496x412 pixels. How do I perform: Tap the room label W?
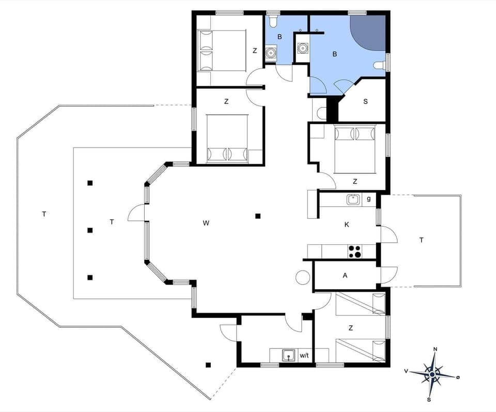click(x=206, y=223)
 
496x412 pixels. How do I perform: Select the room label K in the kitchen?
click(x=347, y=224)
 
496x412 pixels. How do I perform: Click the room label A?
click(x=345, y=276)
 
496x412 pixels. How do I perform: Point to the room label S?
click(x=365, y=101)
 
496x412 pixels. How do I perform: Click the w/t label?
click(x=304, y=355)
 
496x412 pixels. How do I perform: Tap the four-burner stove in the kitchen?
click(x=354, y=251)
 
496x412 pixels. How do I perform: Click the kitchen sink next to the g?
click(x=353, y=199)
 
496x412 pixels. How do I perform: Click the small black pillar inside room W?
click(x=258, y=216)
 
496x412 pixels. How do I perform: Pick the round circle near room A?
click(x=302, y=278)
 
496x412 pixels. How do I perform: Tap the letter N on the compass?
click(x=435, y=350)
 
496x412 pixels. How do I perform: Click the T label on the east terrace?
click(x=422, y=240)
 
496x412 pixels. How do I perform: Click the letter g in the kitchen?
click(x=368, y=198)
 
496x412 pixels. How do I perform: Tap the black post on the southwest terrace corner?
click(x=208, y=365)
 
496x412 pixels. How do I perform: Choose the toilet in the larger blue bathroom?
click(x=380, y=65)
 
